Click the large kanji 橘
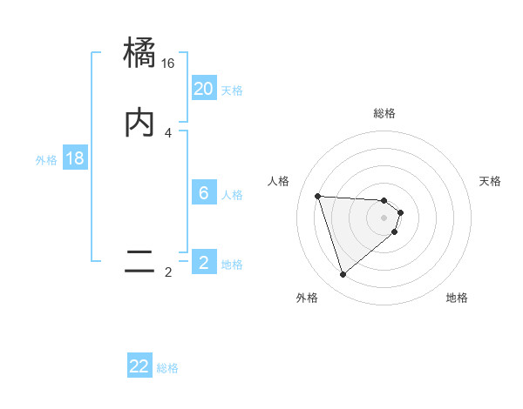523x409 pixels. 139,55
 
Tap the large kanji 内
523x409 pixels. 139,124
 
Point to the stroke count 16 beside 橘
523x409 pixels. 168,64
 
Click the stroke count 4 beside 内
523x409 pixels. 168,132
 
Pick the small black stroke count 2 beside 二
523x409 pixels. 168,272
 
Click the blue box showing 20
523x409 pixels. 203,88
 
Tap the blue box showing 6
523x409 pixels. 203,193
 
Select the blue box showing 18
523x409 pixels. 75,158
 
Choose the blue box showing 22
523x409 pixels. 139,366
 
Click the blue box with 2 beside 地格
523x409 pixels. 203,262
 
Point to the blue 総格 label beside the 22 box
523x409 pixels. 167,368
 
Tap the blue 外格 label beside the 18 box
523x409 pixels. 46,160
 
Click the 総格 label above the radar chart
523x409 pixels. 384,114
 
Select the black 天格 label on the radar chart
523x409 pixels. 491,181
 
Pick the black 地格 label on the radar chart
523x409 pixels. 457,298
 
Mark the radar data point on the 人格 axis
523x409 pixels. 318,196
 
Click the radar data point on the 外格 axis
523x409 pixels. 343,275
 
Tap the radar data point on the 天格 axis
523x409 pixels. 400,212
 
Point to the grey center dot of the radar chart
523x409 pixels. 384,218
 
